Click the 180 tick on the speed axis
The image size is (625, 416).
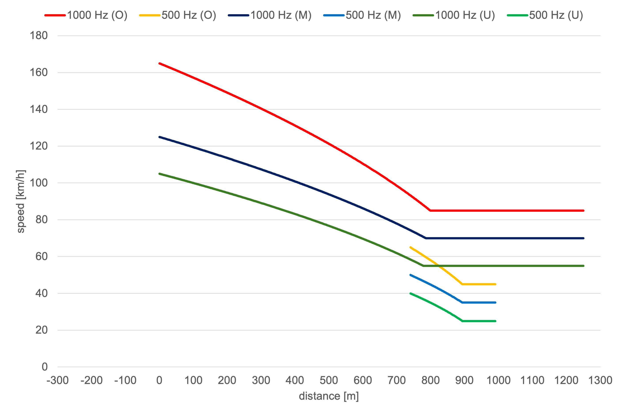click(39, 36)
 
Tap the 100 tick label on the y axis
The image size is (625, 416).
click(39, 183)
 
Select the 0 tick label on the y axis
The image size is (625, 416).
click(45, 367)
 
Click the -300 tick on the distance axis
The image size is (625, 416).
click(58, 380)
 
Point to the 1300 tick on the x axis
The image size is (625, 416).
click(600, 380)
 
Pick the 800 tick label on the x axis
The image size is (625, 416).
click(430, 380)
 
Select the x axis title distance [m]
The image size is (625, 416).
click(329, 396)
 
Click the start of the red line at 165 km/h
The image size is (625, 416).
click(160, 63)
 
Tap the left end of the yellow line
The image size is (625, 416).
click(410, 247)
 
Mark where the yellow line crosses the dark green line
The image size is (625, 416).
click(438, 266)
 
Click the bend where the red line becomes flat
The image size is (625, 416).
click(430, 210)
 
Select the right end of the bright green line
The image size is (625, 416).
click(495, 321)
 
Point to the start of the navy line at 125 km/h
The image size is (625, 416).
click(160, 137)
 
